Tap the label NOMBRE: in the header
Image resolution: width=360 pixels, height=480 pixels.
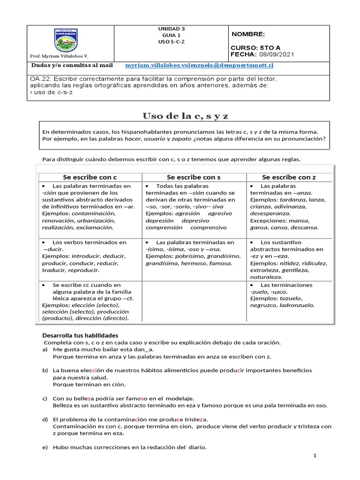[248, 34]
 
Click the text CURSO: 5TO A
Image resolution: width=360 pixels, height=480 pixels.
[255, 48]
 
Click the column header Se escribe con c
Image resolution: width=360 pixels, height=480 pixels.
[90, 177]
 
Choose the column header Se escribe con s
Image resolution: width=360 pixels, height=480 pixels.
[194, 177]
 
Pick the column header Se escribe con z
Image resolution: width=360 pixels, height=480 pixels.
[289, 177]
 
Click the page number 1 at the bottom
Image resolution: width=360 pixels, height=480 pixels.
[315, 456]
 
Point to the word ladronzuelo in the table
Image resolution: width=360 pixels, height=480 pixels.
[297, 305]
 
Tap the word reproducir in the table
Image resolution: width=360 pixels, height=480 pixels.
[83, 270]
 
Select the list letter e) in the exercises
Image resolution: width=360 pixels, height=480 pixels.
[45, 448]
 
